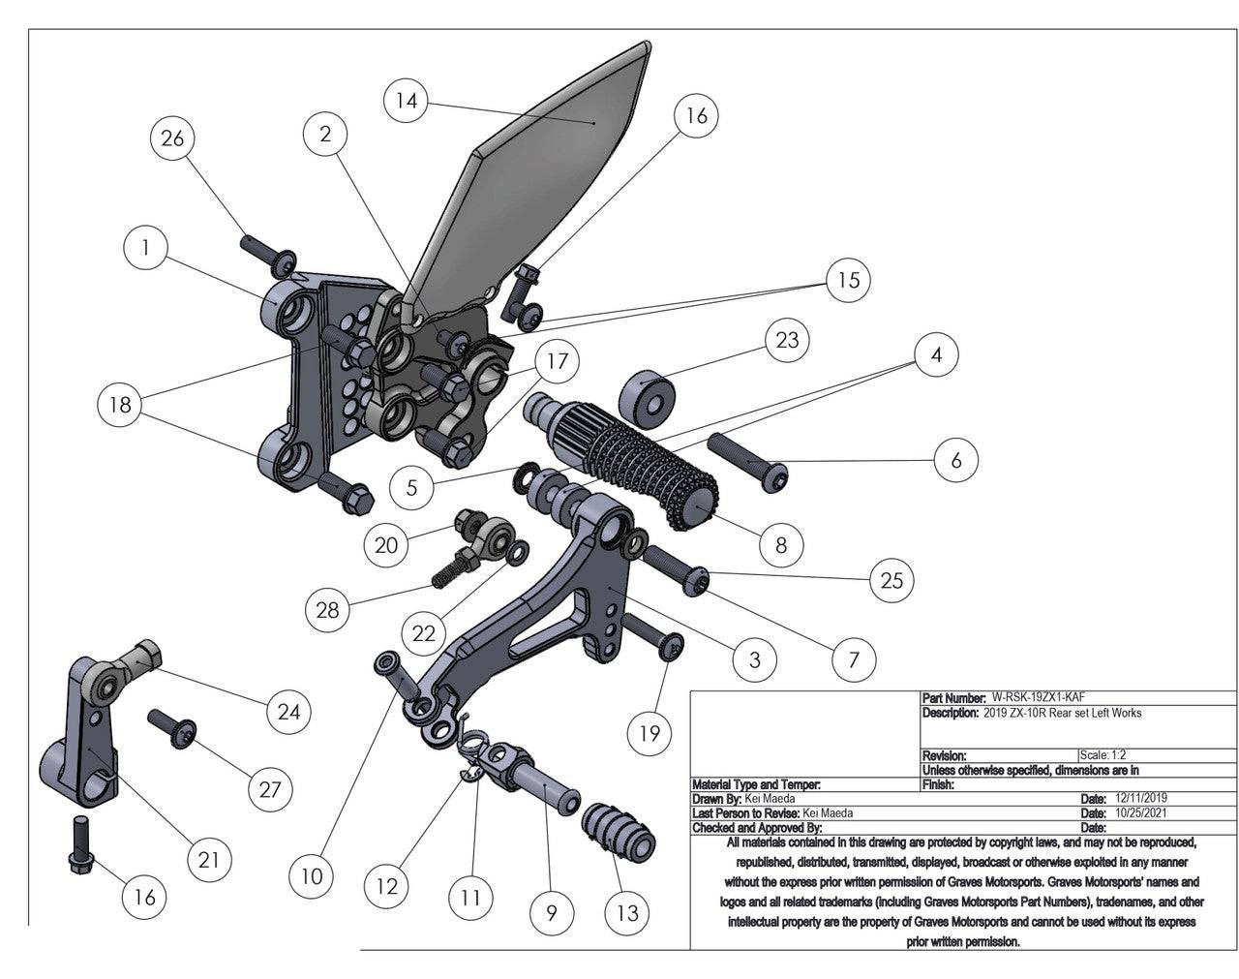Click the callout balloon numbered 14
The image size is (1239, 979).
408,101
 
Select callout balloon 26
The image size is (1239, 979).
172,138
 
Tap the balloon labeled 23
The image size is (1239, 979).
787,340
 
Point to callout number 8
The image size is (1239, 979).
781,544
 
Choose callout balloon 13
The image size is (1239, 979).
627,912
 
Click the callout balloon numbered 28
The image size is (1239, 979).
328,609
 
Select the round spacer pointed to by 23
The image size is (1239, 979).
644,397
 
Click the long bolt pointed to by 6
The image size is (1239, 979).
750,462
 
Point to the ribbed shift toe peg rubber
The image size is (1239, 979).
619,836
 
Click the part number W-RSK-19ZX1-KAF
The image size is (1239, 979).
1044,697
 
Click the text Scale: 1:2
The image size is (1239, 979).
1102,755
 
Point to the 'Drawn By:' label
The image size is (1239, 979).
716,799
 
